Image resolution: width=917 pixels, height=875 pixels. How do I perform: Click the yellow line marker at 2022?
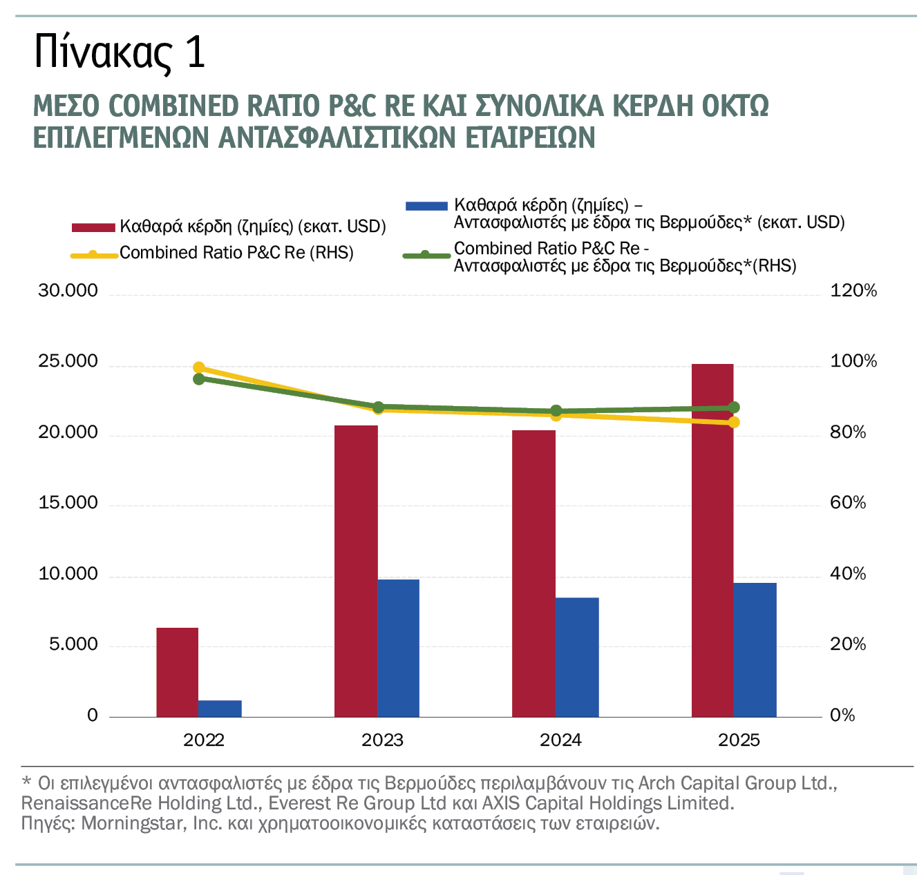click(199, 367)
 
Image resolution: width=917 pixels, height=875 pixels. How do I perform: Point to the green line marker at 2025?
click(733, 407)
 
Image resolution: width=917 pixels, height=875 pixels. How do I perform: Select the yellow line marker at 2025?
click(733, 422)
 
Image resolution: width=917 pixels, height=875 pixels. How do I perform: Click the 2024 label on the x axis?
click(560, 740)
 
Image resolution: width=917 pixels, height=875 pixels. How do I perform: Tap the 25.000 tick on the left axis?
click(68, 362)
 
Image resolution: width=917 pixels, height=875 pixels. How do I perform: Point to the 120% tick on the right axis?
click(853, 291)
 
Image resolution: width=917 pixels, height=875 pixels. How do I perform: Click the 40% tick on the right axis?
click(847, 574)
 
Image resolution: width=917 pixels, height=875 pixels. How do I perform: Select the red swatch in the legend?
click(93, 227)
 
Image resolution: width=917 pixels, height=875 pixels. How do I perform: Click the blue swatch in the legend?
click(426, 205)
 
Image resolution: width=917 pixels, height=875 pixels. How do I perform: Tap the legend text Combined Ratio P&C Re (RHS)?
click(236, 253)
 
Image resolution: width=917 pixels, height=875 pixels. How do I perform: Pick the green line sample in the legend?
click(426, 256)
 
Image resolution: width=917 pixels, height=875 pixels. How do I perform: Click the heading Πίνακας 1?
click(120, 52)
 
